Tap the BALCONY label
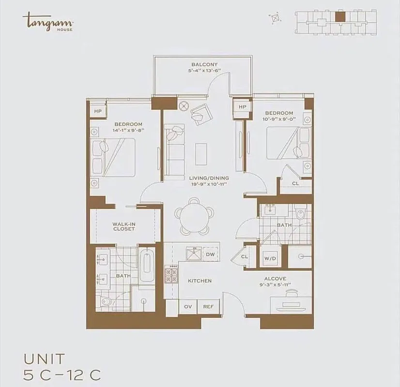point(204,64)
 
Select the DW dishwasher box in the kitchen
point(210,254)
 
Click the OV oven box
point(188,306)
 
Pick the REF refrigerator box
point(208,306)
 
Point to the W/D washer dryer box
point(270,258)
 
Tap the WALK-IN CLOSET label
point(123,226)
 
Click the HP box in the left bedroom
point(97,111)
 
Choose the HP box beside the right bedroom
point(242,107)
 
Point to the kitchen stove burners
point(171,275)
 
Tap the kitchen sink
point(195,253)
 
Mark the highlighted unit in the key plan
point(340,16)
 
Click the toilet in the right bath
point(301,212)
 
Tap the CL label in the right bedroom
point(295,183)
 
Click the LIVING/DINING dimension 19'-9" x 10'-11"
point(209,184)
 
